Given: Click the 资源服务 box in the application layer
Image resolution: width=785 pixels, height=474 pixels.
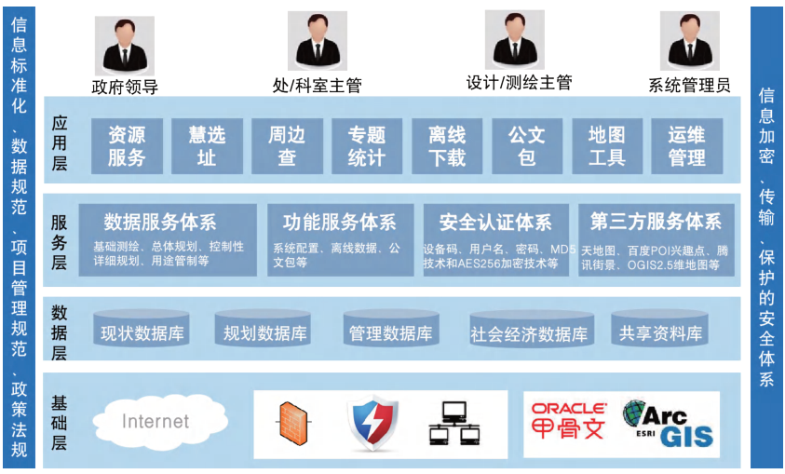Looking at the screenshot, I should point(127,144).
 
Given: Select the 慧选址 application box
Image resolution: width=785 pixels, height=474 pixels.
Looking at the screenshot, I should point(207,144).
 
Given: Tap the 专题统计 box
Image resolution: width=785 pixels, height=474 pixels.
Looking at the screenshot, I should point(367,144).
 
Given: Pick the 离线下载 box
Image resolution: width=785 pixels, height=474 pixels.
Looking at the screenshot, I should point(447,144).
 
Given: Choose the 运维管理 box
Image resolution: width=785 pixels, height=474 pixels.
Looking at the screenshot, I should point(686,144).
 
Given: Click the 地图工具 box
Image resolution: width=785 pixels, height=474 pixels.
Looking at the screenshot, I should point(606,144).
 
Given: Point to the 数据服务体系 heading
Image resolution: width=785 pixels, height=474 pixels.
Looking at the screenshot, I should point(160,223).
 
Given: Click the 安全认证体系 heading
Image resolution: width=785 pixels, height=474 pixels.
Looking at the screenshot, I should point(495,223).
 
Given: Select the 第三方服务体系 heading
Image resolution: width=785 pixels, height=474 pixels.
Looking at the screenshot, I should point(656,223).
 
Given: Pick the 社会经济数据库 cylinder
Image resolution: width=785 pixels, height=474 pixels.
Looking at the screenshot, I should point(529,333).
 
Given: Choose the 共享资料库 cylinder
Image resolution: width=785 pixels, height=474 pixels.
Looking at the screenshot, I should point(661,332).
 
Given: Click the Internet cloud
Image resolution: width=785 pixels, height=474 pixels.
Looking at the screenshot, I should point(156,422).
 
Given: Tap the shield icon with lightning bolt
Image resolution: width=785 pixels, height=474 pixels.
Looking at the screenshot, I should point(373,424).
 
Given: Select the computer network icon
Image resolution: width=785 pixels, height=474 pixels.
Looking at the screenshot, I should point(453,424).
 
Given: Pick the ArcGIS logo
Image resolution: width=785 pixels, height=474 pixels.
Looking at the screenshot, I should point(668,424).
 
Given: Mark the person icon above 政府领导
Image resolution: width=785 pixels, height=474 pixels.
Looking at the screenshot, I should point(125,45).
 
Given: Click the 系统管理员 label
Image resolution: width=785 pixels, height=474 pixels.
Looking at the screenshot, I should point(689,86).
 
